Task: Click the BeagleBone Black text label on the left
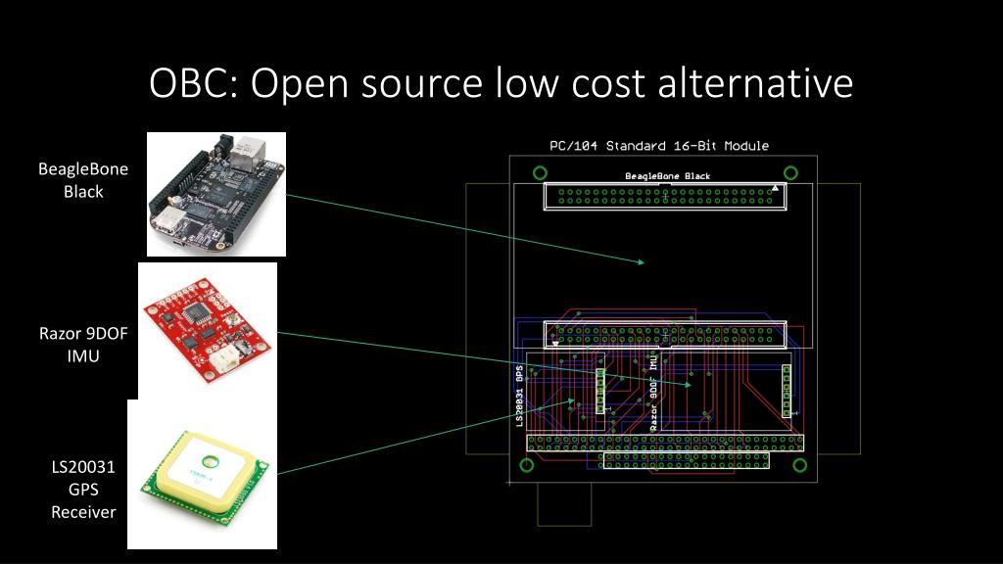tap(83, 180)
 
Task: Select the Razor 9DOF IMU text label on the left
tap(83, 345)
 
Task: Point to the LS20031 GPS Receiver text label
tap(83, 489)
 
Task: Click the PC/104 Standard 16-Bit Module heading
tap(658, 146)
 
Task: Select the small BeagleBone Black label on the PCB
tap(667, 176)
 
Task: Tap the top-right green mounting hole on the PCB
tap(790, 173)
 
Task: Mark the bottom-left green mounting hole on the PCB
tap(526, 464)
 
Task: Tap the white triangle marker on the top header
tap(775, 187)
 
